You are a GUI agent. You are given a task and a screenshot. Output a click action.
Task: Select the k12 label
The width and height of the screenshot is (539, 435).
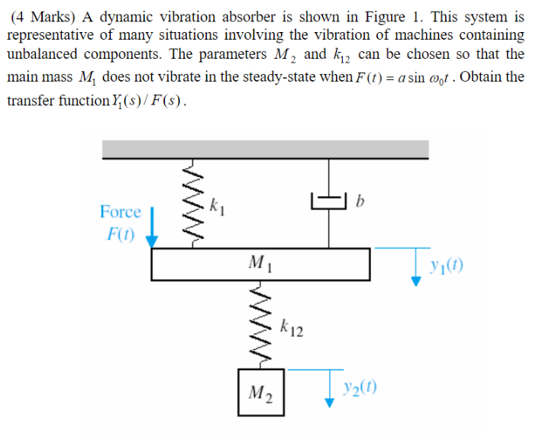pyautogui.click(x=292, y=329)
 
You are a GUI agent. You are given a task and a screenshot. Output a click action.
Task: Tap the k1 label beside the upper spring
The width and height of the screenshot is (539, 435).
pyautogui.click(x=217, y=204)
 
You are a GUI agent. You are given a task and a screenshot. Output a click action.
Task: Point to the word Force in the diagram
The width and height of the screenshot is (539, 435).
pyautogui.click(x=121, y=211)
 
